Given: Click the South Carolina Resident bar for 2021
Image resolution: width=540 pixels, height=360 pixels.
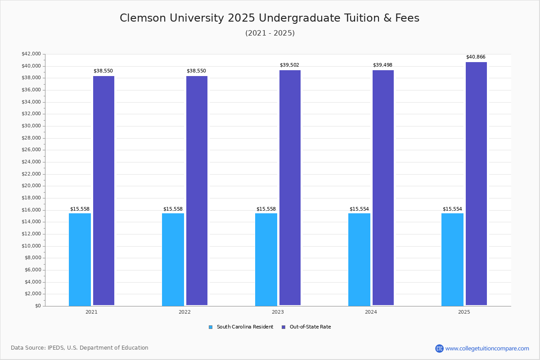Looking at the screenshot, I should pos(80,259).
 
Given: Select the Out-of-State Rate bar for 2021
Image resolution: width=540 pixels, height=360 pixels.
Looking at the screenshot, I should pos(103,190).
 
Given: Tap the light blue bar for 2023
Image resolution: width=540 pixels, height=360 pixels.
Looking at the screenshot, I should pos(266,259).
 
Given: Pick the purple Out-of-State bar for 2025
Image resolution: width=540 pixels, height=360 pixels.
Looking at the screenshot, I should pos(476,184).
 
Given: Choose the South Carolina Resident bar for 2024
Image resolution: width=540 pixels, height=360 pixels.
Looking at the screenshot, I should pos(359,259).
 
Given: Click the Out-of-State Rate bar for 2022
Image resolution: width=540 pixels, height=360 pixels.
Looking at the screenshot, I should pos(197,190).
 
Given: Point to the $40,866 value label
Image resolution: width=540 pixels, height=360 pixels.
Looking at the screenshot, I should pos(476,57).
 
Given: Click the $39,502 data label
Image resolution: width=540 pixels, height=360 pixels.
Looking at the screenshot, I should pos(289,65).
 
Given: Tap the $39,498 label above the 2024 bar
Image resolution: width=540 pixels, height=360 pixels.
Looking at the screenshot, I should pos(382,65).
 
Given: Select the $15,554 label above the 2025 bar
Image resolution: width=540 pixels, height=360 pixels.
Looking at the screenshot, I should pos(452,209).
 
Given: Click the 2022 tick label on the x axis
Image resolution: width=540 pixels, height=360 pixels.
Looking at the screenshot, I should pos(184,312).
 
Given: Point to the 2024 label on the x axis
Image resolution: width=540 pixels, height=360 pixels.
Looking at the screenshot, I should pos(371,312).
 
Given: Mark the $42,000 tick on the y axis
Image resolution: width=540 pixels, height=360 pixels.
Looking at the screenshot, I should pos(31,54).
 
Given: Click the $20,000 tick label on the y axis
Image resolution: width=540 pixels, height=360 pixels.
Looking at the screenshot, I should pos(31,186).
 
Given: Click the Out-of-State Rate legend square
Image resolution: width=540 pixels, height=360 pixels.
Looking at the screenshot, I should pos(283,327).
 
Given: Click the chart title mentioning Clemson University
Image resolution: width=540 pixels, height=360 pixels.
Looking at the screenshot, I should pos(270,18).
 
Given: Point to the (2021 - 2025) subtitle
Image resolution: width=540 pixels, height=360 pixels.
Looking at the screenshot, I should pos(270,33).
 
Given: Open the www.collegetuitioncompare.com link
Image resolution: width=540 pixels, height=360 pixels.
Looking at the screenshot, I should pos(487,348).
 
